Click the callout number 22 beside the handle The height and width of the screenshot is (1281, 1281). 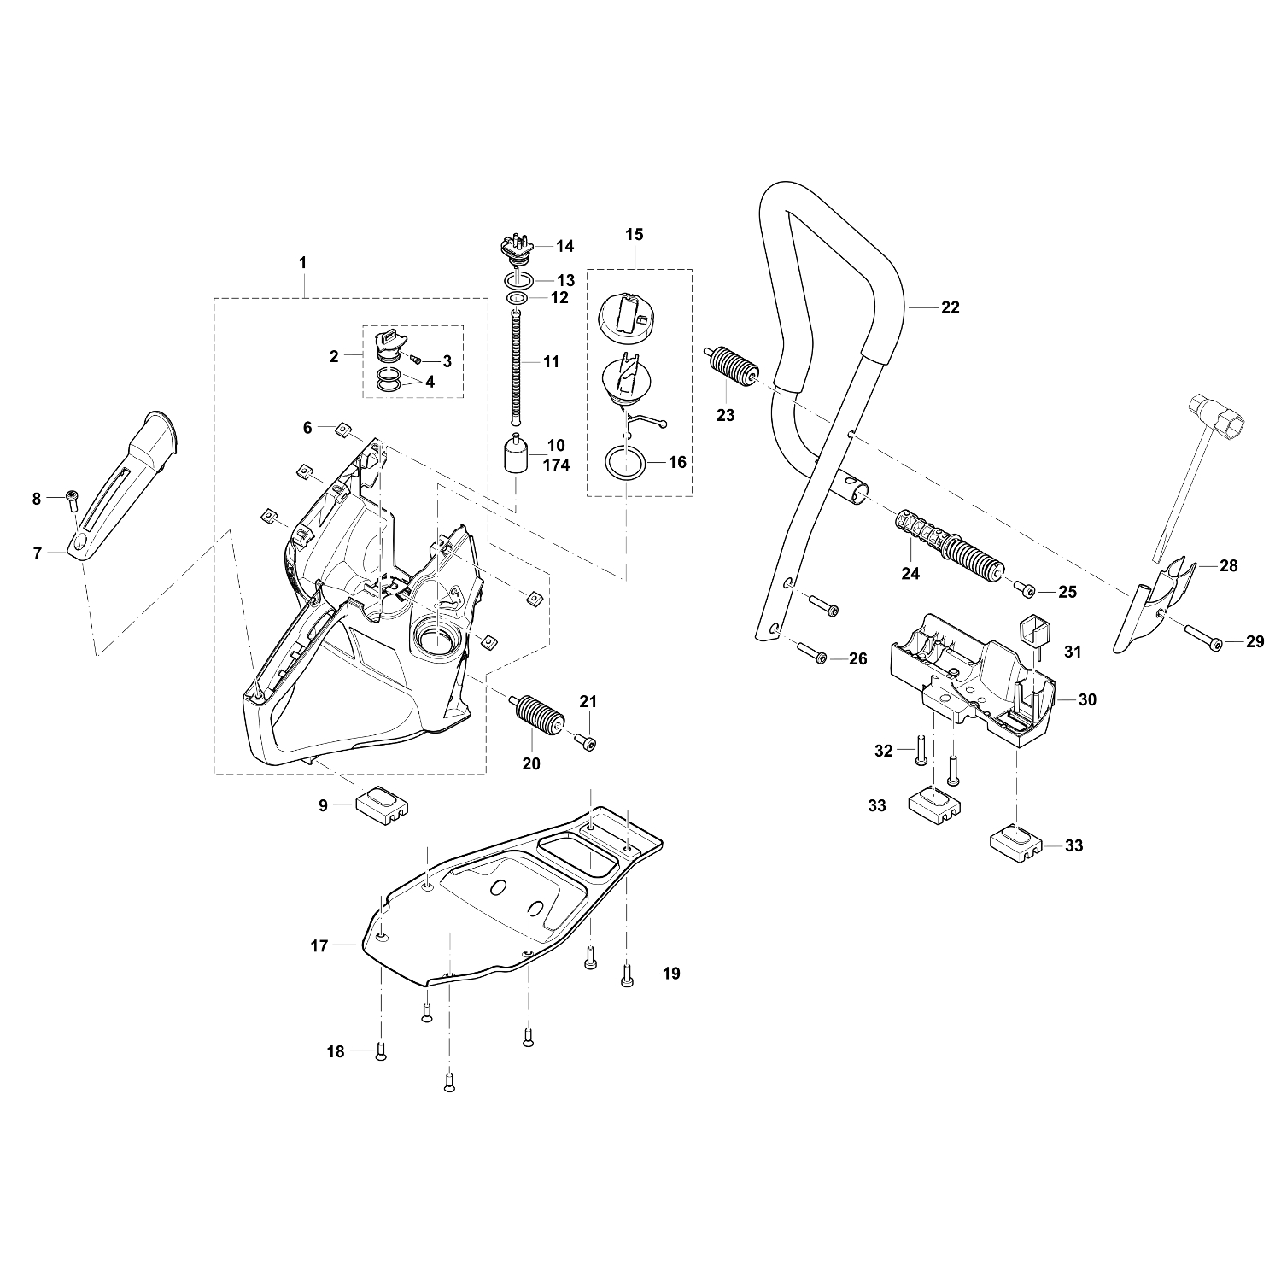[950, 307]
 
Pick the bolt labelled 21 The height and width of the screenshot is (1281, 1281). [586, 742]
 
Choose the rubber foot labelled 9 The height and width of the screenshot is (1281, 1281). [382, 804]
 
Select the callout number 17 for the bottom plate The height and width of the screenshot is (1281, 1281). [319, 946]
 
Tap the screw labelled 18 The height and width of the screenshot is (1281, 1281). [381, 1052]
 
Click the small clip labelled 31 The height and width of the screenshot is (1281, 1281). [1038, 638]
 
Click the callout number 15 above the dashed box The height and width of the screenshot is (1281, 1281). [635, 234]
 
